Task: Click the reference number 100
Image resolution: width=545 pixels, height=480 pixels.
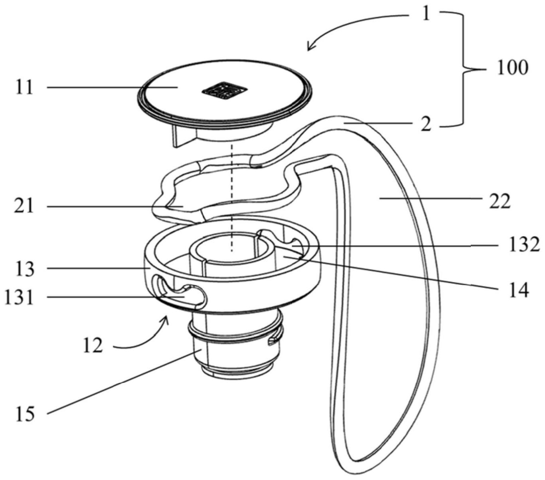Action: (x=512, y=68)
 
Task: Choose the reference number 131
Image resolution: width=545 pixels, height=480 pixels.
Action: (x=20, y=298)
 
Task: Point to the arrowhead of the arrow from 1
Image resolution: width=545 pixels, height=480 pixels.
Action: (x=310, y=48)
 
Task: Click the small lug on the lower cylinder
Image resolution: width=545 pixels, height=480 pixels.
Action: (x=272, y=340)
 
